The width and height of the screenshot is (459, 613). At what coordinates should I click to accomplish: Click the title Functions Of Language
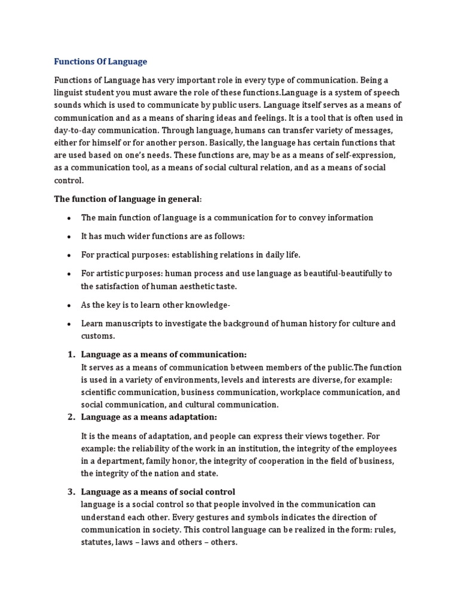pos(100,62)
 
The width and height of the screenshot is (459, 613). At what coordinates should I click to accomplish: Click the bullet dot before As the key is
pos(70,305)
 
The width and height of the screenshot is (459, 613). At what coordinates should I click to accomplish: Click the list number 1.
pos(69,354)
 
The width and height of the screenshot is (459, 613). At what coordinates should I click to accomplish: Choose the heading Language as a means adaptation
pos(149,417)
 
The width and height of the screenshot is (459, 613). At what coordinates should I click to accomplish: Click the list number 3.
pos(69,492)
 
